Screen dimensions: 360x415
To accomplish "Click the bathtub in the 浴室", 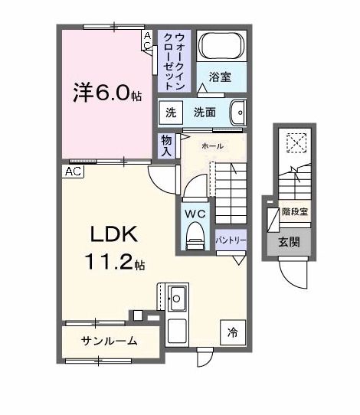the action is point(221,46).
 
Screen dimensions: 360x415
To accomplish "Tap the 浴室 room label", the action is point(220,77).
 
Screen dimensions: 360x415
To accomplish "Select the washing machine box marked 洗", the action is point(171,113).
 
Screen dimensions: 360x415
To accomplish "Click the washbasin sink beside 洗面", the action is point(238,113).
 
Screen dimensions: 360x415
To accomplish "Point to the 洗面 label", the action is point(205,113).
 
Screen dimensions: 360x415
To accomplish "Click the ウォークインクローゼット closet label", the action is point(174,61).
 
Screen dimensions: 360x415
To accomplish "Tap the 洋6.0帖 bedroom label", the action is point(107,93).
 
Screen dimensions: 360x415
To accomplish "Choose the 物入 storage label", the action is point(166,145).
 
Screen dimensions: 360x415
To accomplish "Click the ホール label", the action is point(212,145).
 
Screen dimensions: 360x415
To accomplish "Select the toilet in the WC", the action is point(195,236).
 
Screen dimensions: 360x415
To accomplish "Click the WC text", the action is point(195,214).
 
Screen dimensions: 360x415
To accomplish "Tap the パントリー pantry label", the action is point(231,240).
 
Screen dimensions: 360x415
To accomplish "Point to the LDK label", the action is point(114,234).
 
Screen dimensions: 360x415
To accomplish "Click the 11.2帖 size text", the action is point(115,262).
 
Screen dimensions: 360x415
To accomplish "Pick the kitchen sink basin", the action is point(178,299).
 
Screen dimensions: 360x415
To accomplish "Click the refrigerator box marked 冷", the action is point(233,332).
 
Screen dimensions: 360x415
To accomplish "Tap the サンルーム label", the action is point(110,341).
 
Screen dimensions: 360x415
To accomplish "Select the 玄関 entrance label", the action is point(289,242).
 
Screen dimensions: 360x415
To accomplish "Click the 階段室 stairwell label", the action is point(295,212).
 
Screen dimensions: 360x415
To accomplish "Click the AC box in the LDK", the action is point(73,172).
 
